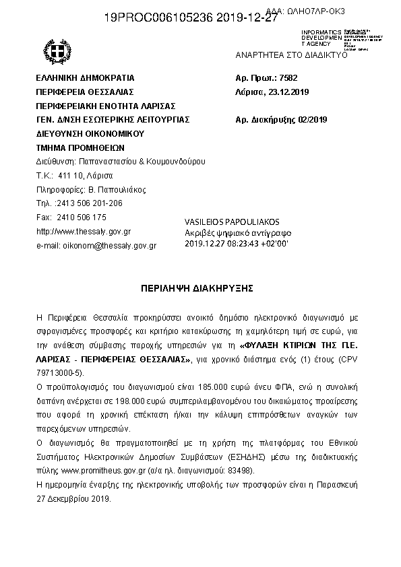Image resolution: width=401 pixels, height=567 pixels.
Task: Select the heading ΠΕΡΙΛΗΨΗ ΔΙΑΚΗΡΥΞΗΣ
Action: (x=196, y=288)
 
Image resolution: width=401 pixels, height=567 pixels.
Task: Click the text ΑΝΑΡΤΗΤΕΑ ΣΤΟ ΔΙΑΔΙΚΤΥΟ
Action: (x=291, y=55)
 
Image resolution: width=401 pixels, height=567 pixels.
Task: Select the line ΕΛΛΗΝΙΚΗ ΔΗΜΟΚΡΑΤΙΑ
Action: (x=85, y=77)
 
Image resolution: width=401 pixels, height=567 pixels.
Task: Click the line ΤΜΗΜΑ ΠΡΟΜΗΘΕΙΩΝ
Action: (x=80, y=147)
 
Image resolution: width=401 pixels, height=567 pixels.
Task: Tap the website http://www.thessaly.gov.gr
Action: (x=83, y=231)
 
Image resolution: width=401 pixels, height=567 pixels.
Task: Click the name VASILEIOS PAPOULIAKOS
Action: (x=231, y=222)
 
